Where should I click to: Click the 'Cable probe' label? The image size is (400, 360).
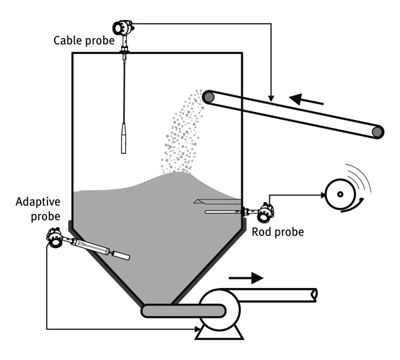84,41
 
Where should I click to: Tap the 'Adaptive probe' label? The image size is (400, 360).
38,209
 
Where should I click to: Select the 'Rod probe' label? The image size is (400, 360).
278,232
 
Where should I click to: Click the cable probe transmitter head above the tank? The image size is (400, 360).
123,27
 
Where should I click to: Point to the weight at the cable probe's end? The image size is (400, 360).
123,138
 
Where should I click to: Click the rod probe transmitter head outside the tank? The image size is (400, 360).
265,212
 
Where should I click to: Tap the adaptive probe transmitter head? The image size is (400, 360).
54,238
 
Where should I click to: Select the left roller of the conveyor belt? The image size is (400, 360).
209,97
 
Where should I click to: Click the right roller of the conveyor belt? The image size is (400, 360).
377,132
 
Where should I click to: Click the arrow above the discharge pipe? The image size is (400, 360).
246,278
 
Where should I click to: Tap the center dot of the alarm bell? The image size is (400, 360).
340,195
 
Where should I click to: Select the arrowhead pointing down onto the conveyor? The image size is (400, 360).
271,99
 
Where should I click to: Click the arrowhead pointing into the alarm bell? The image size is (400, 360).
323,195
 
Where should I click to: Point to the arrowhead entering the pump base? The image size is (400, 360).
197,329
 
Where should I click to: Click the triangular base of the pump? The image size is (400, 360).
219,333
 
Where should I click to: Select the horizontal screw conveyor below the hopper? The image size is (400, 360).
183,311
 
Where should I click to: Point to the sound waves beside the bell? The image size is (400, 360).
359,179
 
